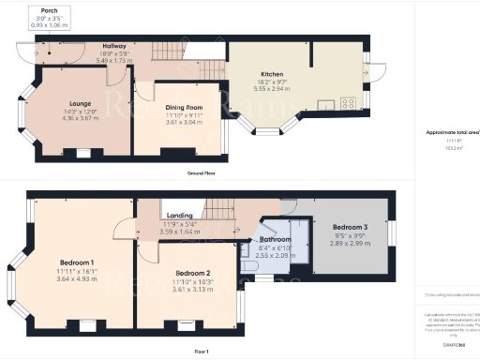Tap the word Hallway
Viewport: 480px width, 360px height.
[x=114, y=46]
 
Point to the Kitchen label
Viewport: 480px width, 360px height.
[x=273, y=74]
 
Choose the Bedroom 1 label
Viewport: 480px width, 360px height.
[x=78, y=262]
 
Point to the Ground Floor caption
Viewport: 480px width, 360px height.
[x=203, y=174]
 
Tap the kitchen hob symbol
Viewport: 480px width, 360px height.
[x=348, y=104]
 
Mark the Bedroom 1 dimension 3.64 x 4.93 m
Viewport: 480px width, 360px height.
[x=78, y=278]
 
